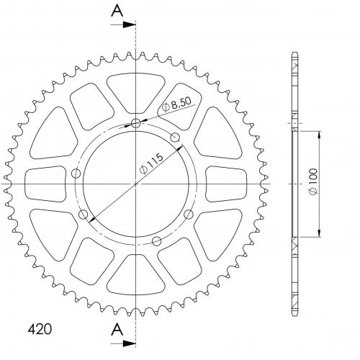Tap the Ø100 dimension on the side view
(313, 181)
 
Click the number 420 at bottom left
(40, 329)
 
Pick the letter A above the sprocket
(117, 11)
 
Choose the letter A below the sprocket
(117, 329)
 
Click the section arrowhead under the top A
(129, 24)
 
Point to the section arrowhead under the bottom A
(129, 343)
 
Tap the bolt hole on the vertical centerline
(136, 123)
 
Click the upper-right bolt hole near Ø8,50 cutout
(175, 138)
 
